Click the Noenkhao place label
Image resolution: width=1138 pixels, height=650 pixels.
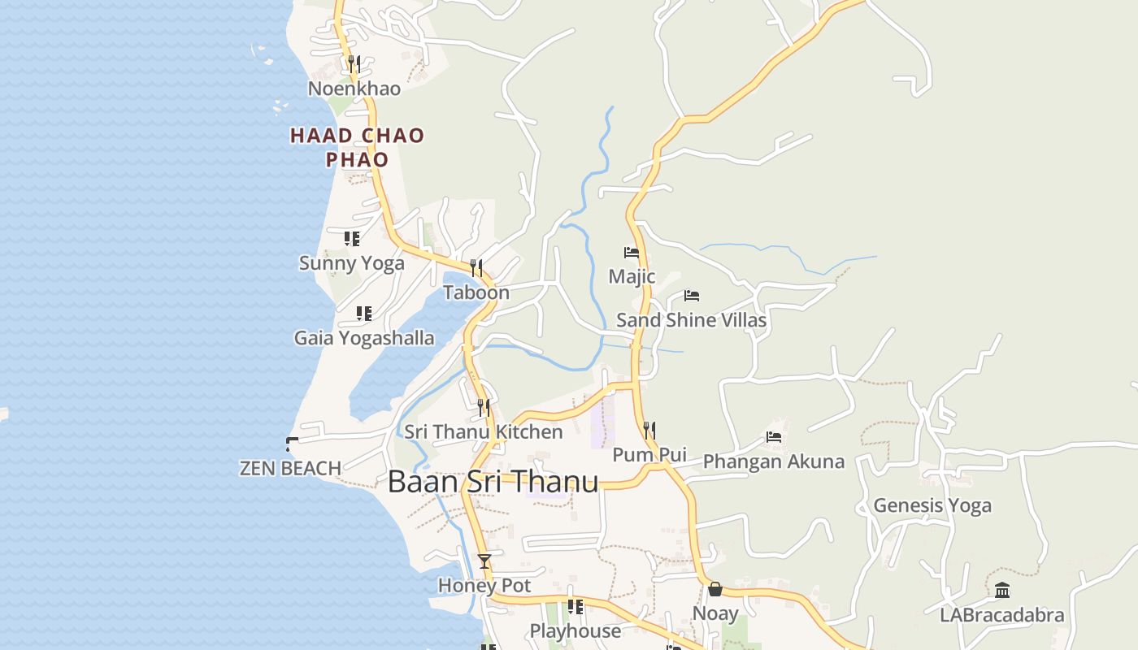354,89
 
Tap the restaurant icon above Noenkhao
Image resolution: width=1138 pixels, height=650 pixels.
354,63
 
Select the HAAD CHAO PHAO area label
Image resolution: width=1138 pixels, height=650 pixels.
358,147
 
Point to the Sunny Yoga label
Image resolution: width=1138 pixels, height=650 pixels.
352,263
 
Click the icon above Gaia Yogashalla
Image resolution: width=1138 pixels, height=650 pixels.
363,313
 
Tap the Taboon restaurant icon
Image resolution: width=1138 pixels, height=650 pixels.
476,267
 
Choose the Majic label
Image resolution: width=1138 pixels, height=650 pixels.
632,276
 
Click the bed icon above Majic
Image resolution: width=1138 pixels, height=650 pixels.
631,252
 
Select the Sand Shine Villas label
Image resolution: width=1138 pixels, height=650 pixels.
691,320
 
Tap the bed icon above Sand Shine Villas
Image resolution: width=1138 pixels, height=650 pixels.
692,295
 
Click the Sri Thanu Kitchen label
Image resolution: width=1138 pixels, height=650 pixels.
484,431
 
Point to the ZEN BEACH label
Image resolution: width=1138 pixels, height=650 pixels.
290,468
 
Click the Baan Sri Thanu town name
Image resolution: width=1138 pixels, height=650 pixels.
493,482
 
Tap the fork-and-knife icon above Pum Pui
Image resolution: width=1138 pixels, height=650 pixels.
649,430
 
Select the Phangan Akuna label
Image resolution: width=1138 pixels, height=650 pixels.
774,461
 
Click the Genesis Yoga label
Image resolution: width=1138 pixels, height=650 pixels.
932,505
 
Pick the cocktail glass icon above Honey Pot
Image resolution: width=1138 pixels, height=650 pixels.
484,561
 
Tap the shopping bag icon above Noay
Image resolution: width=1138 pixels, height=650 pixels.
715,588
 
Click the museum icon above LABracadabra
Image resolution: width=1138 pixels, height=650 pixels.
1002,590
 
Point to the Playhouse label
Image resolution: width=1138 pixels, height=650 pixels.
576,630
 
